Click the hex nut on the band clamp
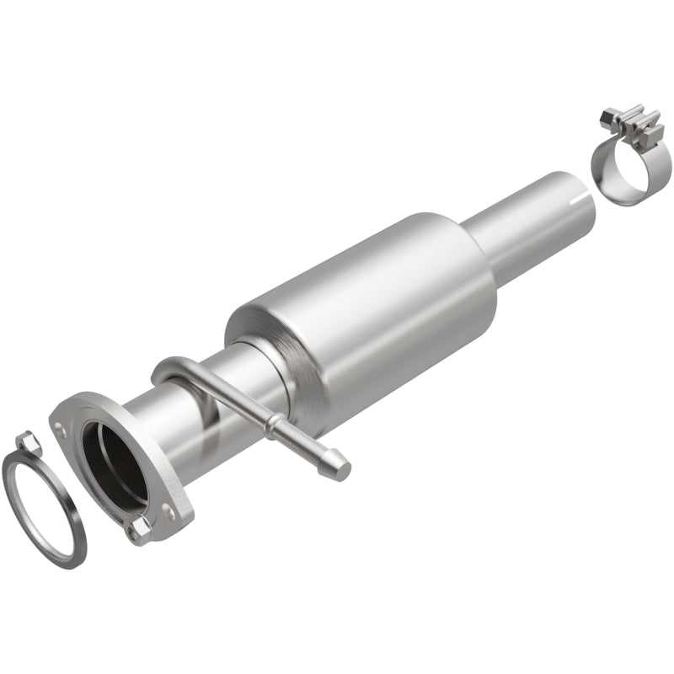click(x=608, y=115)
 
